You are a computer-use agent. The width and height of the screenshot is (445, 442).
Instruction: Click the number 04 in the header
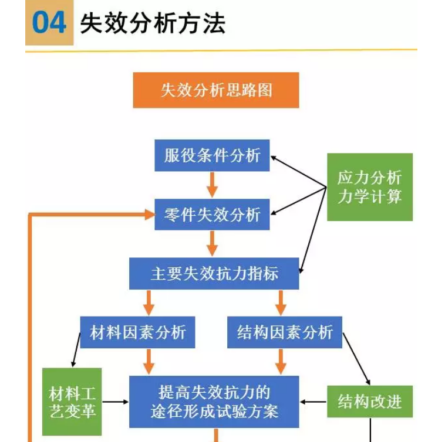click(49, 23)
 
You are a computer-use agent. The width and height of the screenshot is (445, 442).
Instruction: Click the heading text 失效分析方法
click(153, 23)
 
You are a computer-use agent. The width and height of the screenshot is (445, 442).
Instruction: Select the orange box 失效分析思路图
click(216, 90)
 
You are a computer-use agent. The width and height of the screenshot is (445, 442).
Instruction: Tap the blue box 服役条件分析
click(212, 155)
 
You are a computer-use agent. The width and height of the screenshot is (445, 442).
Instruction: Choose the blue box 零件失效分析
click(212, 215)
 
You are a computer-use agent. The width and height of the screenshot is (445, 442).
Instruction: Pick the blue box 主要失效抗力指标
click(214, 273)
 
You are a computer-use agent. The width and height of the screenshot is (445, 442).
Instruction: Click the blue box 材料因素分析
click(137, 332)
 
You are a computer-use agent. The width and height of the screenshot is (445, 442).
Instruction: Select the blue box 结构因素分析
click(285, 332)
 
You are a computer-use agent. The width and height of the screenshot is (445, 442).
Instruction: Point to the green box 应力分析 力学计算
click(370, 187)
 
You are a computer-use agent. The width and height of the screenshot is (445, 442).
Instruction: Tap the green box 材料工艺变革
click(72, 402)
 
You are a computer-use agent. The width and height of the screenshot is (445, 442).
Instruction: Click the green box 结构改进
click(370, 402)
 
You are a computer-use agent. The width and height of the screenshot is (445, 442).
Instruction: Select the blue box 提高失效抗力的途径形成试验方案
click(214, 402)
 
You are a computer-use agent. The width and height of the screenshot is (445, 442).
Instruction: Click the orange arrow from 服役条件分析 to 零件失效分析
click(212, 185)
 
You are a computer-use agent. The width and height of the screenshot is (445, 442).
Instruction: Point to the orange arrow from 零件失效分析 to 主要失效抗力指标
click(212, 244)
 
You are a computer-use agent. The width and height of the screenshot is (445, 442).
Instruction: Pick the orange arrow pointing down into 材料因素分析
click(149, 302)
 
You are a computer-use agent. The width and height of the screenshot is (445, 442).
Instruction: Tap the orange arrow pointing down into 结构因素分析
click(281, 302)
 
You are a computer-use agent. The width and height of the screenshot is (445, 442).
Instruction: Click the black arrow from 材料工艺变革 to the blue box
click(115, 402)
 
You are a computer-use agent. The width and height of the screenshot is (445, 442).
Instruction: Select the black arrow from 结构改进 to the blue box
click(313, 402)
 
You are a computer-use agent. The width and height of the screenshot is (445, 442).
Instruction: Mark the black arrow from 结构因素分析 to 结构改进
click(356, 359)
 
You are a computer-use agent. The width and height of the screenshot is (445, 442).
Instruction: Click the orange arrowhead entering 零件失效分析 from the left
click(150, 215)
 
